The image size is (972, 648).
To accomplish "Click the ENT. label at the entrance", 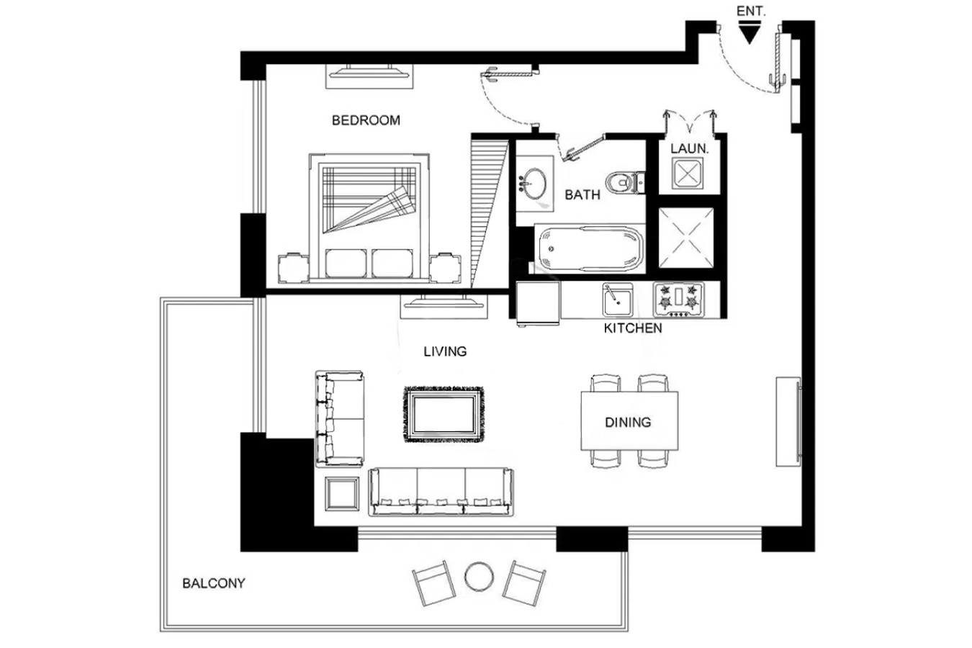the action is coord(751,12).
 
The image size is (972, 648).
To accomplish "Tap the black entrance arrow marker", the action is coord(750,32).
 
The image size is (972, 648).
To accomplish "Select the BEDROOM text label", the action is coord(366,120).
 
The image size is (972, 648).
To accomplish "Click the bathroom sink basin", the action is coord(533,183).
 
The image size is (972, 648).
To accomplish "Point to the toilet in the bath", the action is coord(625,182).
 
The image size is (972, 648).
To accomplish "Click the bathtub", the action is coord(590,248).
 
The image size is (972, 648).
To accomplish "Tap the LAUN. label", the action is coord(690,148).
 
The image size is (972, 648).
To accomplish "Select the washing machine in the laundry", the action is coord(688,174).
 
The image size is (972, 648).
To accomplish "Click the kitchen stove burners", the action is coord(679,300).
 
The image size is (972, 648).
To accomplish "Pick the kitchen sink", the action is coord(618,299).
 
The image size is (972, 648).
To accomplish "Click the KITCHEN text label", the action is coord(633,328).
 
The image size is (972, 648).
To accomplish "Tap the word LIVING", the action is coord(445,351).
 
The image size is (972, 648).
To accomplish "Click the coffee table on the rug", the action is coord(444,414).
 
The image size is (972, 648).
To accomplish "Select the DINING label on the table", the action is coord(628,422).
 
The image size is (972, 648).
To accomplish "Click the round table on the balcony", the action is coord(479,577).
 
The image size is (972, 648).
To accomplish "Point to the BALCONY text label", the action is coord(214,583).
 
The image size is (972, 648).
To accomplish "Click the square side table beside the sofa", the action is coord(342,494).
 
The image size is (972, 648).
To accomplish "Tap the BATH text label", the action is coord(582,195).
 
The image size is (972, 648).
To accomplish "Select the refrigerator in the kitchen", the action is coord(538,303).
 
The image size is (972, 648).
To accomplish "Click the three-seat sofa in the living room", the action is coord(441,492).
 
